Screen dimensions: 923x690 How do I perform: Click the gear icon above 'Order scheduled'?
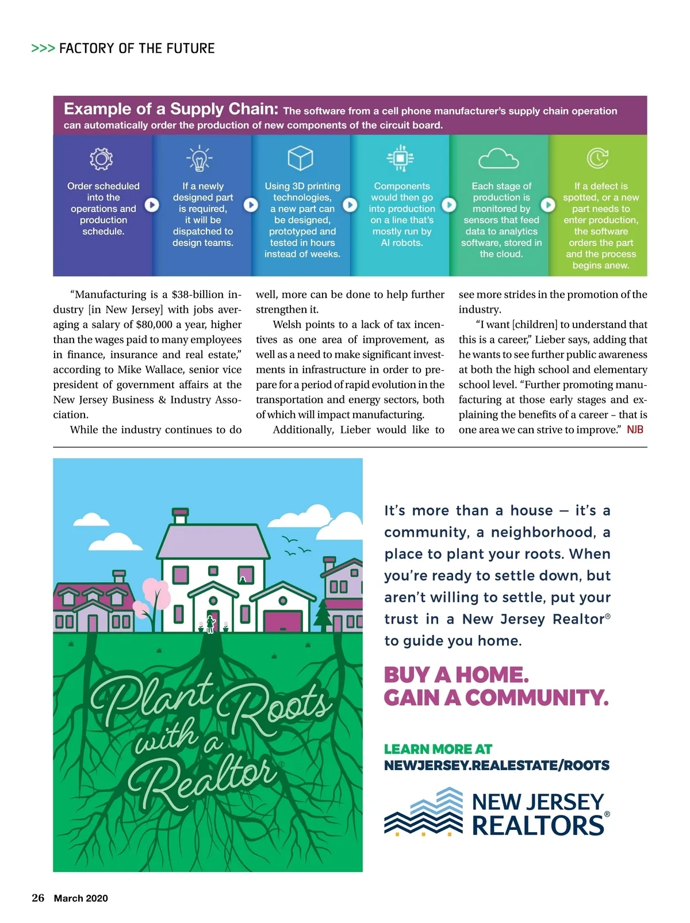(x=101, y=159)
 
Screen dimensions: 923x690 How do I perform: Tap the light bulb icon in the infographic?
(x=200, y=159)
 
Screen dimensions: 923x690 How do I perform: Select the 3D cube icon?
(x=300, y=158)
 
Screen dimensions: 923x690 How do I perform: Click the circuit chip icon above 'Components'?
(x=400, y=158)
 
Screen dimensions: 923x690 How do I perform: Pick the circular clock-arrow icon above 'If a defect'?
(x=597, y=158)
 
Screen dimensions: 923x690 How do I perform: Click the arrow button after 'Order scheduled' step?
(x=152, y=205)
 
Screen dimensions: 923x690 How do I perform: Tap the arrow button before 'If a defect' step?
(x=548, y=205)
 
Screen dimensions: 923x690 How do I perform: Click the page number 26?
(x=38, y=898)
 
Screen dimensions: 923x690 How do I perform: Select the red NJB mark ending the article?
(x=635, y=430)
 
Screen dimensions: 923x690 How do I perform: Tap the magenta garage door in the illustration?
(x=282, y=621)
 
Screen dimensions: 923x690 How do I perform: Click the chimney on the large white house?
(x=181, y=516)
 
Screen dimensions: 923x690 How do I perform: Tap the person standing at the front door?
(x=210, y=624)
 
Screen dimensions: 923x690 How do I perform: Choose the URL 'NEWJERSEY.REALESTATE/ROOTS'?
(x=497, y=766)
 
